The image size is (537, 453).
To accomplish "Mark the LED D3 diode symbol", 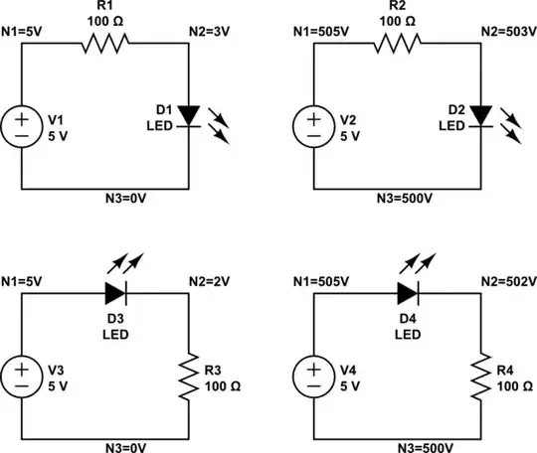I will (116, 292).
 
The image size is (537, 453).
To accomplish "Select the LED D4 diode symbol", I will (409, 292).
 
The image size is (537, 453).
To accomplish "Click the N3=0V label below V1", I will (105, 198).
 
